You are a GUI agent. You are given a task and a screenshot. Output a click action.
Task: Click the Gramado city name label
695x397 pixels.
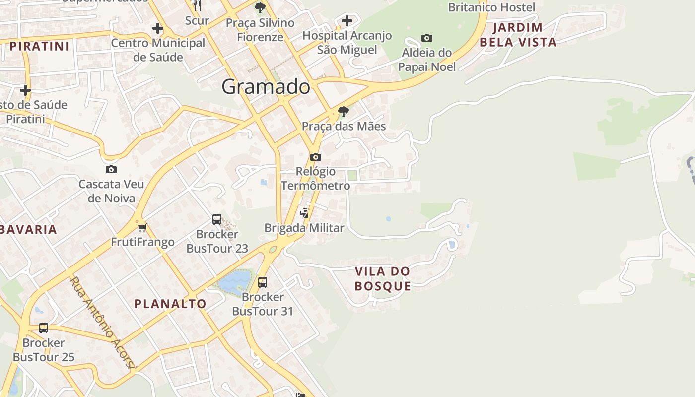click(266, 87)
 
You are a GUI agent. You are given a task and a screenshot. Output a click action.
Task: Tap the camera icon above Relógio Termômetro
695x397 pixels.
click(315, 157)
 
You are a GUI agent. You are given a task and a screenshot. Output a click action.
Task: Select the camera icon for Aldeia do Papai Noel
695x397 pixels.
click(426, 38)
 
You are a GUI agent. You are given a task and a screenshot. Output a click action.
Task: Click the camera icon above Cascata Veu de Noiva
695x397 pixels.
click(111, 170)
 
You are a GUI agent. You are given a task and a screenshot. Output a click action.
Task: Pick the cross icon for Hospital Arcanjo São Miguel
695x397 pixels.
click(347, 21)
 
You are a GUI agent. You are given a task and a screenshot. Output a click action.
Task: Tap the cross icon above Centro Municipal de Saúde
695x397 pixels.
click(158, 28)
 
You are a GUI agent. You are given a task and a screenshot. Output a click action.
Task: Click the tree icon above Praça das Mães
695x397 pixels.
click(343, 111)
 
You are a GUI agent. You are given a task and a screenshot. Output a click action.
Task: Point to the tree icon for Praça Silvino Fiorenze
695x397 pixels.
click(260, 8)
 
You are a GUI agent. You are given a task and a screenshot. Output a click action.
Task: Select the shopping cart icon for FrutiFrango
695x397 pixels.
click(142, 227)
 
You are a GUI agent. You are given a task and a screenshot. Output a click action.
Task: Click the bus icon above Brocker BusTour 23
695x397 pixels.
click(217, 219)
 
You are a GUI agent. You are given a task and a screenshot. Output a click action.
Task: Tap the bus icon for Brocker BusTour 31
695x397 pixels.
click(263, 282)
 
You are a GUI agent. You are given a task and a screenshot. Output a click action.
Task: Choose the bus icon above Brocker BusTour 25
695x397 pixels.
click(44, 328)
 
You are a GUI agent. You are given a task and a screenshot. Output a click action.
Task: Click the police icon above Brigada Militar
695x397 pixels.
click(304, 213)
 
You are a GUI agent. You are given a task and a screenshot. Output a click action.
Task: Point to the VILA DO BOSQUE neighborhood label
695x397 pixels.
click(383, 278)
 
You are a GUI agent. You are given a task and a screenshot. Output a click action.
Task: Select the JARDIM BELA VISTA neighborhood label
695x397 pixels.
click(518, 35)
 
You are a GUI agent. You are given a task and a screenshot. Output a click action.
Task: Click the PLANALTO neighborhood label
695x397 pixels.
click(170, 304)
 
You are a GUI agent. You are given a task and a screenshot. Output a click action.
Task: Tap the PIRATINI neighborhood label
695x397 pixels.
click(39, 47)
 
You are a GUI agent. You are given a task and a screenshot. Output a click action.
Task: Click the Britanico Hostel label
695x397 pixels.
click(491, 7)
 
